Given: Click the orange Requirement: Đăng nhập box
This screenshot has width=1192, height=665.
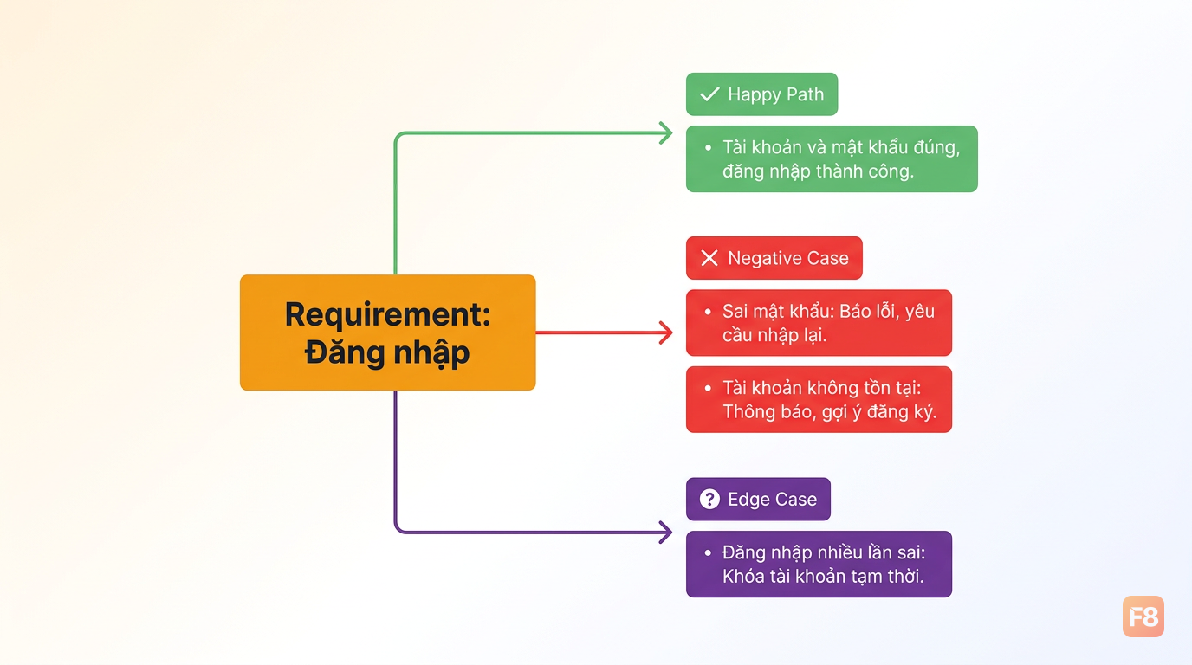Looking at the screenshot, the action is point(387,332).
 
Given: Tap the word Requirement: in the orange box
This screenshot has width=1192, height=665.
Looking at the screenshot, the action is point(387,314).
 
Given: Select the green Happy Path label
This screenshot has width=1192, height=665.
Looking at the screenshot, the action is point(761,94).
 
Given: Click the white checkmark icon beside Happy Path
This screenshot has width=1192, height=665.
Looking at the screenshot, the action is point(709,94).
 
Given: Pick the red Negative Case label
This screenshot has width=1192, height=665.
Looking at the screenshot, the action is point(774,258).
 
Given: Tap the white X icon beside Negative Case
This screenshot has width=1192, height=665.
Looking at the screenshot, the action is point(709,258).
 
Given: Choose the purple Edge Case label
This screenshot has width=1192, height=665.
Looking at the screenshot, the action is point(758,499).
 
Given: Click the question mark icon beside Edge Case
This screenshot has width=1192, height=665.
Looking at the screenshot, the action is point(709,499).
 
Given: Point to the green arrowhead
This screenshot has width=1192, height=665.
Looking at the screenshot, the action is point(665,133).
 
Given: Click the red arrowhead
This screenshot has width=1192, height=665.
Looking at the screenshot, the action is point(665,332).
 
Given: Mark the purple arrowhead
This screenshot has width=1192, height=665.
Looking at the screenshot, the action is point(665,532).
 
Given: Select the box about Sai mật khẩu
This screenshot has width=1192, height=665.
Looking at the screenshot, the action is point(819,322).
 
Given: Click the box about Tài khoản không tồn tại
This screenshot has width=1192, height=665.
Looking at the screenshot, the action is point(819,399).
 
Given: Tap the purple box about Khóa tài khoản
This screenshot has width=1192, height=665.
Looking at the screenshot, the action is point(819,564).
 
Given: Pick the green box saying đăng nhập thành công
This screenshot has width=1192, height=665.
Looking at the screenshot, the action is point(832,158).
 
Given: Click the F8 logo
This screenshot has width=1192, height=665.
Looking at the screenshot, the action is point(1143,617).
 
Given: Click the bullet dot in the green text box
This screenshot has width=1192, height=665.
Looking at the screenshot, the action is point(708,147).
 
